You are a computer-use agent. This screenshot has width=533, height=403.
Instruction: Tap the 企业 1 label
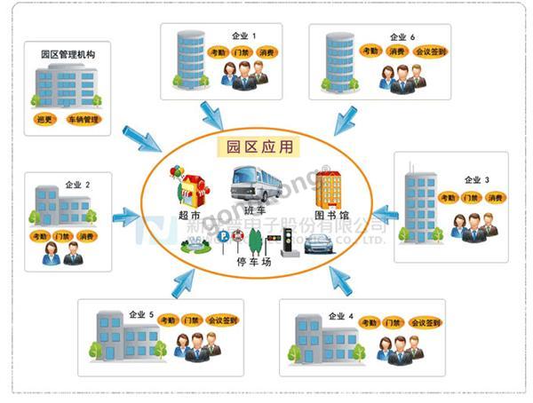[242, 36]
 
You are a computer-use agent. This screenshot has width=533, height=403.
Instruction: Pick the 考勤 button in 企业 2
[40, 236]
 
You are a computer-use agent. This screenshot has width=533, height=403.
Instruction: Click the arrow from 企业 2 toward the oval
[127, 215]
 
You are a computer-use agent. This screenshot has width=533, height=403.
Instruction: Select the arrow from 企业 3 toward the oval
[383, 214]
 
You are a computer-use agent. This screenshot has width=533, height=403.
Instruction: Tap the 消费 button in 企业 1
[267, 52]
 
